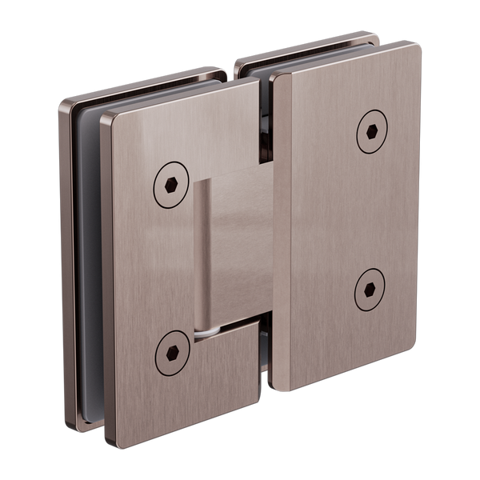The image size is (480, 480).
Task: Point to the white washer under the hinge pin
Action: click(x=207, y=327)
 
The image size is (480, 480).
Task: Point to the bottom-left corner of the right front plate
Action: click(x=275, y=390)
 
